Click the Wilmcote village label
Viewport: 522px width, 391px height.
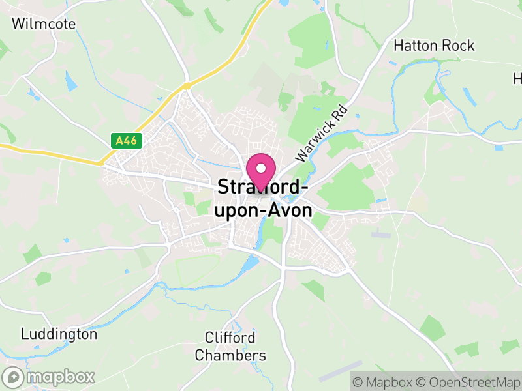click(x=44, y=24)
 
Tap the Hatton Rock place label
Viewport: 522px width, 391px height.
click(x=434, y=46)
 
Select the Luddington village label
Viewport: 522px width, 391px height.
click(x=59, y=334)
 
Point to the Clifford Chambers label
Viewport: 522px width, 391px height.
click(x=231, y=347)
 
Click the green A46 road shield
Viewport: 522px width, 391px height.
click(x=126, y=140)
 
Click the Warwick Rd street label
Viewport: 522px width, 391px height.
click(x=320, y=135)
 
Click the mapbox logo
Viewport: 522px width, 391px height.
click(x=49, y=377)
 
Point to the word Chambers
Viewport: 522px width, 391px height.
click(x=231, y=355)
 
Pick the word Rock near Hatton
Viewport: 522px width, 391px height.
click(x=459, y=46)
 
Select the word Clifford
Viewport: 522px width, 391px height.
click(x=230, y=338)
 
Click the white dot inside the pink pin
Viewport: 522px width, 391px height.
click(x=262, y=169)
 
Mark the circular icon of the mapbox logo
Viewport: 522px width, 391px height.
click(x=13, y=377)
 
